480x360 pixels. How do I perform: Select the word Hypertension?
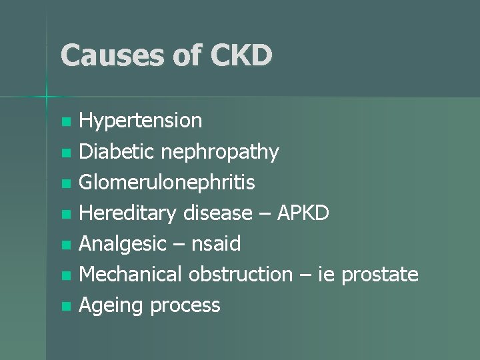pyautogui.click(x=140, y=121)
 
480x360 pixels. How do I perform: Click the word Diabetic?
pyautogui.click(x=116, y=152)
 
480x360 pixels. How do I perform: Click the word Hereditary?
pyautogui.click(x=127, y=213)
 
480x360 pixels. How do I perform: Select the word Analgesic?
pyautogui.click(x=122, y=244)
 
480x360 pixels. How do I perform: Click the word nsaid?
pyautogui.click(x=215, y=244)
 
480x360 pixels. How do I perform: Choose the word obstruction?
pyautogui.click(x=241, y=275)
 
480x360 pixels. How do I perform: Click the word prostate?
pyautogui.click(x=380, y=275)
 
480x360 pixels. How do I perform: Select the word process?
pyautogui.click(x=185, y=306)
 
